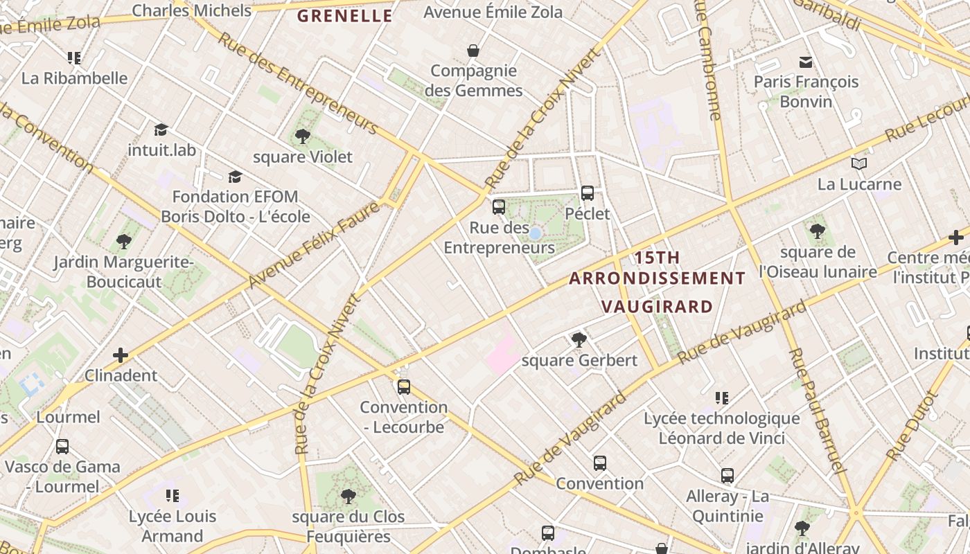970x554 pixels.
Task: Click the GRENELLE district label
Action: (344, 16)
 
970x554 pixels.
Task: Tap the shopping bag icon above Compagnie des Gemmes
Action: (473, 51)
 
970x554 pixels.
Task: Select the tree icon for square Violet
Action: (301, 136)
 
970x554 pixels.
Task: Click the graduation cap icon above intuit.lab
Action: (161, 129)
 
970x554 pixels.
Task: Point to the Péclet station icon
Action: (588, 193)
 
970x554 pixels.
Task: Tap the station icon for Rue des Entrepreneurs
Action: (498, 206)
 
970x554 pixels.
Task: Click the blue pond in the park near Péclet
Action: (535, 233)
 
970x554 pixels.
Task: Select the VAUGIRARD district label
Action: (657, 306)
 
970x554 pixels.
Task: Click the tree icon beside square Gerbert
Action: (579, 339)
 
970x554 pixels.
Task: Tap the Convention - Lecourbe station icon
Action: (404, 386)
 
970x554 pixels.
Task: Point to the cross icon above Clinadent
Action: (121, 355)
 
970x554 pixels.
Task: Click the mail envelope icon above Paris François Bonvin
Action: (805, 62)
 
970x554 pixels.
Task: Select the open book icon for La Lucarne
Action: (859, 164)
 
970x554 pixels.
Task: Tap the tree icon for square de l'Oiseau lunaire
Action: (818, 231)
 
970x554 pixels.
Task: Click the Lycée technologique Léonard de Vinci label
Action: (721, 428)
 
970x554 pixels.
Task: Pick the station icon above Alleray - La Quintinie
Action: (727, 476)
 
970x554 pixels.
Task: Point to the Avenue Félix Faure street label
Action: (314, 244)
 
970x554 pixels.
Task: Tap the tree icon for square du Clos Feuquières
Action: (348, 496)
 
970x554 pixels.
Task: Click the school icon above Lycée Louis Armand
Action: (173, 496)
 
